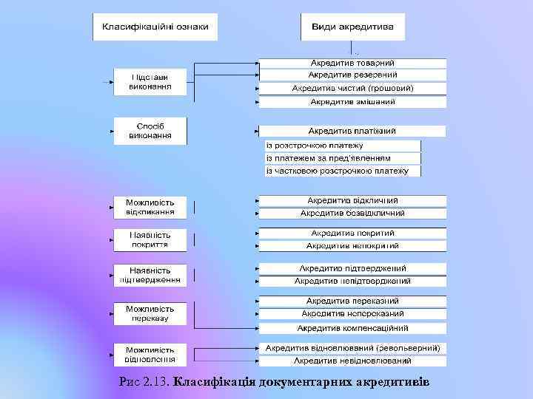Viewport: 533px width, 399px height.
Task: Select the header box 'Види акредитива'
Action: (x=353, y=29)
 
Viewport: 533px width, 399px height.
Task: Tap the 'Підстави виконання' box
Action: (x=150, y=81)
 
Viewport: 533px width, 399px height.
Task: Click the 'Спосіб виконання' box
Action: (x=150, y=131)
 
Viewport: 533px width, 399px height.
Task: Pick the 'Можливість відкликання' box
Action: (x=150, y=207)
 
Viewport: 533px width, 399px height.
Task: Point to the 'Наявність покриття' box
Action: (x=150, y=239)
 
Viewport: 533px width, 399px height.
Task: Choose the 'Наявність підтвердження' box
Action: (x=150, y=275)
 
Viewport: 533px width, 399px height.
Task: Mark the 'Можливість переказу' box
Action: (x=150, y=313)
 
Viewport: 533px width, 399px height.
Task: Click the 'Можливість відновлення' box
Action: (x=150, y=355)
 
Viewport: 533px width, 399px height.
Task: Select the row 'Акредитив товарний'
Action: (x=352, y=63)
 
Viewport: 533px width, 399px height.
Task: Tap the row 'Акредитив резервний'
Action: (x=352, y=75)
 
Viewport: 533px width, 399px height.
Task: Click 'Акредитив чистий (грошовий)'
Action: (x=352, y=88)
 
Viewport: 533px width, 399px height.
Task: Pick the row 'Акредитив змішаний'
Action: (x=352, y=101)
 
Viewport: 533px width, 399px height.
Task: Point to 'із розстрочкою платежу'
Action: (x=336, y=146)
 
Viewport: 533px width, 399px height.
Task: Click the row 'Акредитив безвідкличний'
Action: (x=352, y=213)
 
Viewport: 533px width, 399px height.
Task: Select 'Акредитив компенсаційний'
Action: (x=352, y=327)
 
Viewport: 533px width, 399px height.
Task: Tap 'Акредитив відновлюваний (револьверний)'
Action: (x=352, y=347)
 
